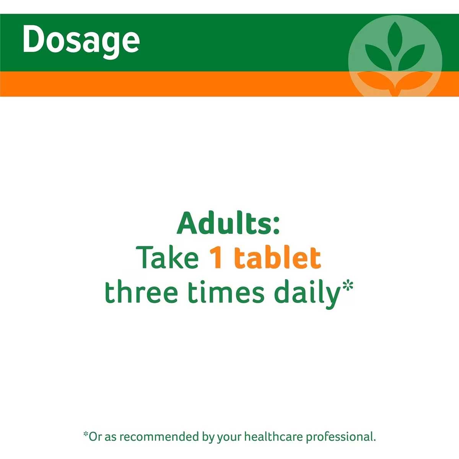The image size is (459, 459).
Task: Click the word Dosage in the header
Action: coord(81,41)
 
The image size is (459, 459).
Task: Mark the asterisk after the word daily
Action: coord(346,286)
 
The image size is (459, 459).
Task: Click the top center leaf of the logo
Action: coord(395,39)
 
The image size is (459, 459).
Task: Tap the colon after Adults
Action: coord(276,226)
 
